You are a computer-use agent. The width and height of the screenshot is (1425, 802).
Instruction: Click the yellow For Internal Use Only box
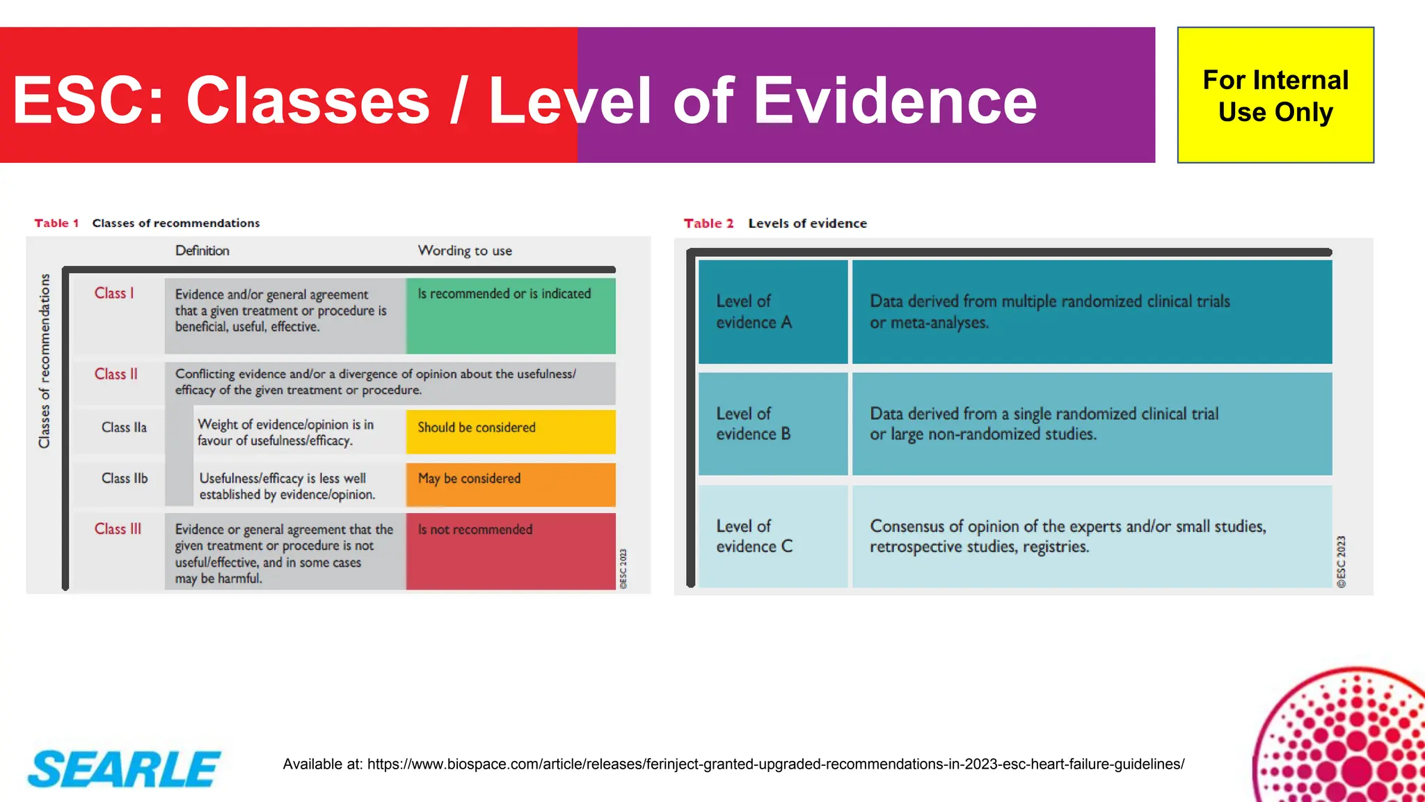tap(1275, 95)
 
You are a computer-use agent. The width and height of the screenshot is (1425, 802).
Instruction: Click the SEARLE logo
tap(124, 769)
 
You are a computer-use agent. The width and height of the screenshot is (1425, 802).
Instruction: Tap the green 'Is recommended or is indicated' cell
tap(510, 315)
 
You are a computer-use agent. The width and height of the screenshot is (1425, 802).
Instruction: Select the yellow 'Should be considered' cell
tap(510, 431)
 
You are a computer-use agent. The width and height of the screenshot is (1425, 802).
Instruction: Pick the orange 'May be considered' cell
tap(510, 484)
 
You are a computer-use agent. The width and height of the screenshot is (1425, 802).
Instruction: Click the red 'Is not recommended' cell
tap(510, 551)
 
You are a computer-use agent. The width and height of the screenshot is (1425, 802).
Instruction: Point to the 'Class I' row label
tap(114, 293)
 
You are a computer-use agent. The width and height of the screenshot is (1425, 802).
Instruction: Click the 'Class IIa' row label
tap(124, 427)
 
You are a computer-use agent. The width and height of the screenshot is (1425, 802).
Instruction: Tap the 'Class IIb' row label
tap(125, 478)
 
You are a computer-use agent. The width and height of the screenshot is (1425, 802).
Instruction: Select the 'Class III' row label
tap(118, 529)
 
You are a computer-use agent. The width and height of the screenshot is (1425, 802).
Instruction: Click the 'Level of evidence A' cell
tap(772, 312)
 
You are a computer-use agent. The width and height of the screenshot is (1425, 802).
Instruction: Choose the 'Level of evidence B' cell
tap(772, 424)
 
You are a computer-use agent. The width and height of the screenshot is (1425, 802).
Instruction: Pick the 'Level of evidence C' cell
tap(772, 536)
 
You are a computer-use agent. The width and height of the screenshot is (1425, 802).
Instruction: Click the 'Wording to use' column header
tap(465, 251)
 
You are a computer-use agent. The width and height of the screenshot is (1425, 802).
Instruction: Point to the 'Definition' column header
tap(202, 251)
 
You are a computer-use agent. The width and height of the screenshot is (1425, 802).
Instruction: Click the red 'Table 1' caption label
tap(56, 223)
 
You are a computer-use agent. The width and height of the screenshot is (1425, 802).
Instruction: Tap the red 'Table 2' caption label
tap(708, 223)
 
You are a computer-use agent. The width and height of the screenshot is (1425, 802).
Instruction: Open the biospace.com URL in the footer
tap(775, 764)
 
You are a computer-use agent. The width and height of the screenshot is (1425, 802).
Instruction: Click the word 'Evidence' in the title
tap(895, 101)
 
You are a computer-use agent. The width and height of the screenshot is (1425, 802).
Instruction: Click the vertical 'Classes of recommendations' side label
tap(45, 361)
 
